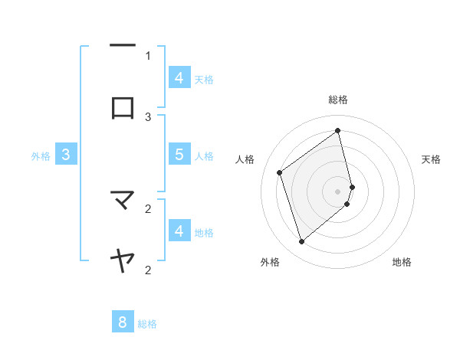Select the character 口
point(123,109)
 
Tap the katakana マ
point(123,201)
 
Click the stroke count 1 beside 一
point(148,55)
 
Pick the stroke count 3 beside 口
point(148,116)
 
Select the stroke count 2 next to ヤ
point(148,270)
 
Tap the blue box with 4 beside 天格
point(179,77)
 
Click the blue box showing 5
point(179,155)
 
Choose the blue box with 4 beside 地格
point(179,231)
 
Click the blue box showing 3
point(66,155)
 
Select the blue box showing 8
point(123,322)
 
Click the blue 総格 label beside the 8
point(147,324)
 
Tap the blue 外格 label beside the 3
point(41,156)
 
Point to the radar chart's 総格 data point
point(338,130)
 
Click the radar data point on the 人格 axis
point(280,172)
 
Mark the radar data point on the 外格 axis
point(301,242)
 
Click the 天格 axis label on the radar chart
point(431,159)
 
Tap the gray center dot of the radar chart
point(338,191)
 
